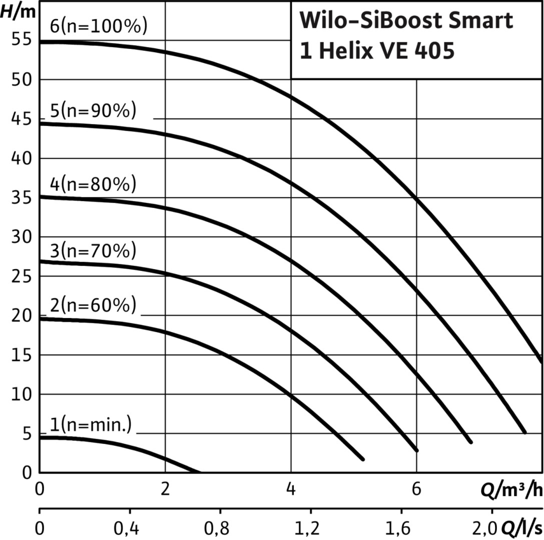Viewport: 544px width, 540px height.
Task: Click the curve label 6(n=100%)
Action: (x=99, y=26)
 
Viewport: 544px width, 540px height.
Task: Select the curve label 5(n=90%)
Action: (x=93, y=110)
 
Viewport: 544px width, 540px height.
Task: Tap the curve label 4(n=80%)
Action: (x=93, y=184)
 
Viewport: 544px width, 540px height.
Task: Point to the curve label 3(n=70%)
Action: (x=93, y=251)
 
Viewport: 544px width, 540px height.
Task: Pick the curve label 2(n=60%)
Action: (x=93, y=305)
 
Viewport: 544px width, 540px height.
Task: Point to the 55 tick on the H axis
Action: (x=20, y=40)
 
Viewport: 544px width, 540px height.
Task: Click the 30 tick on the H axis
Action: (x=20, y=237)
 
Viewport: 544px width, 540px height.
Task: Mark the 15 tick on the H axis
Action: (x=20, y=355)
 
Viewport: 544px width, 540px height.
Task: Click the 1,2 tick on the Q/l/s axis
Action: (x=311, y=528)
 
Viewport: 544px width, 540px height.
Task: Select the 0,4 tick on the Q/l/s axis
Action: (x=130, y=528)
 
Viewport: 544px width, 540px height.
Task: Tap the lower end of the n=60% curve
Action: (x=362, y=458)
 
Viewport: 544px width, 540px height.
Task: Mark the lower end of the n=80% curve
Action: (x=470, y=441)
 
